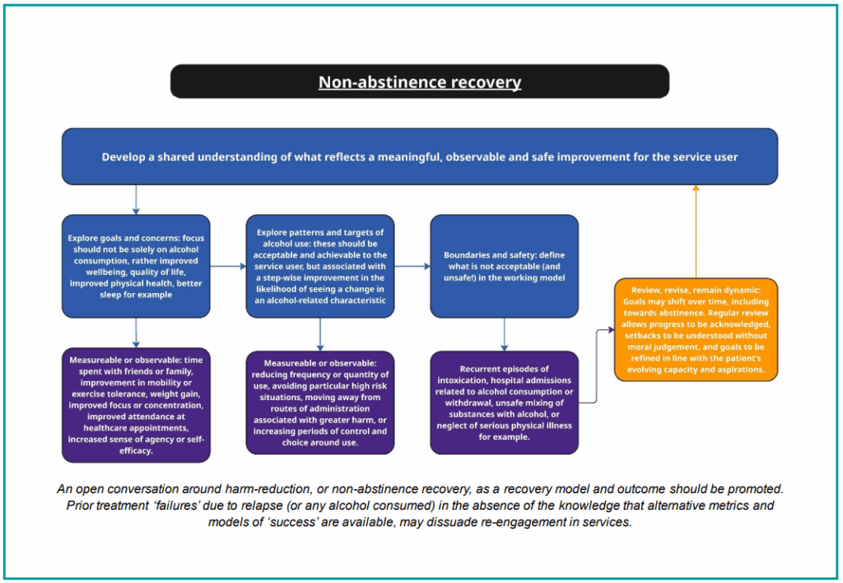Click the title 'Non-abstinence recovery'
pyautogui.click(x=420, y=82)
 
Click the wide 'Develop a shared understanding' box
pyautogui.click(x=420, y=156)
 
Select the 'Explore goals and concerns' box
pyautogui.click(x=136, y=266)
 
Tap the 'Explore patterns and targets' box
pyautogui.click(x=320, y=266)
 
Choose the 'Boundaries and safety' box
pyautogui.click(x=504, y=266)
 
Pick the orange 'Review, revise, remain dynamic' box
pyautogui.click(x=696, y=329)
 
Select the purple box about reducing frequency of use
pyautogui.click(x=320, y=403)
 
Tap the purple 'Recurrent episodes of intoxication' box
pyautogui.click(x=504, y=403)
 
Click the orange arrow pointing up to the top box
pyautogui.click(x=696, y=231)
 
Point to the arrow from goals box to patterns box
pyautogui.click(x=228, y=266)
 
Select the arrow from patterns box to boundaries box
pyautogui.click(x=412, y=266)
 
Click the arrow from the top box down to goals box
pyautogui.click(x=136, y=200)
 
